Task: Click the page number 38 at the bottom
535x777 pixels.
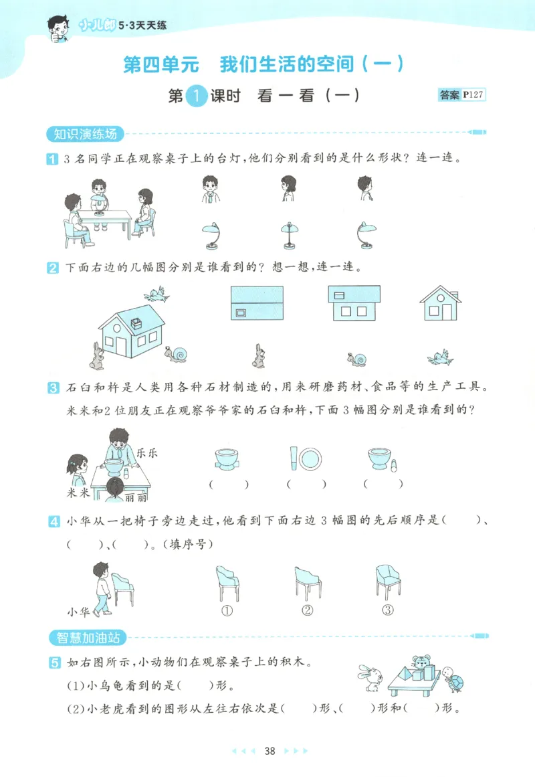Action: coord(270,751)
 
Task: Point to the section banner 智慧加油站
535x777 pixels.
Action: coord(88,637)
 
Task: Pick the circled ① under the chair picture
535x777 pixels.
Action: coord(227,610)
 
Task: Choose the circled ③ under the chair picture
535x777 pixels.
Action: coord(387,610)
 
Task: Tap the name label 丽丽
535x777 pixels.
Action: coord(136,497)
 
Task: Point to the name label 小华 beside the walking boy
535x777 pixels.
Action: coord(79,610)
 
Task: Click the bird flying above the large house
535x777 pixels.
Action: coord(156,293)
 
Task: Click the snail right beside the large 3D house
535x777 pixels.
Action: coord(179,355)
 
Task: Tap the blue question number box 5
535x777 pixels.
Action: coord(52,663)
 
